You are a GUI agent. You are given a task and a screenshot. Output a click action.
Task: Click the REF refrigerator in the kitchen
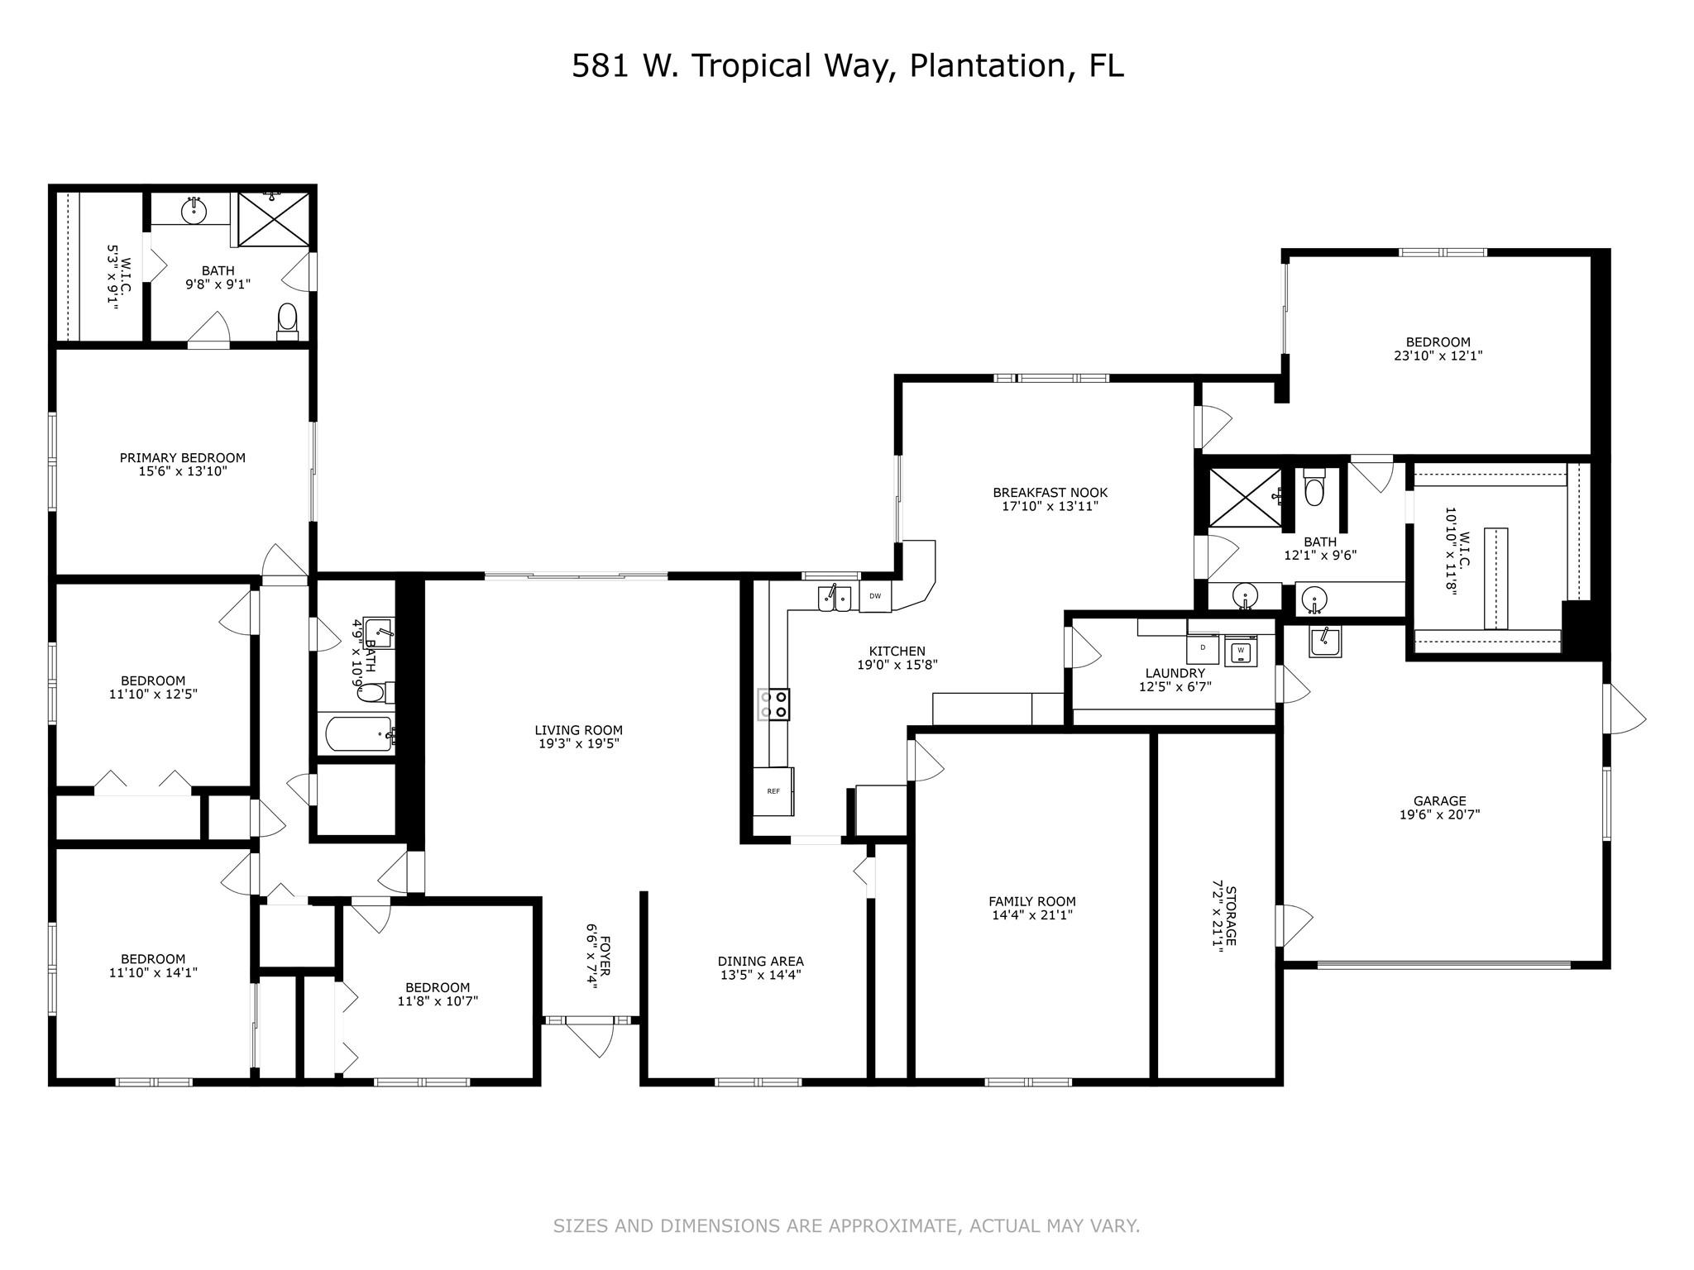pyautogui.click(x=773, y=791)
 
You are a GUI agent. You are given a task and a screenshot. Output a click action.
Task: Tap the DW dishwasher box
pyautogui.click(x=875, y=596)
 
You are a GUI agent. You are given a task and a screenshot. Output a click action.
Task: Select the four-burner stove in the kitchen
pyautogui.click(x=773, y=704)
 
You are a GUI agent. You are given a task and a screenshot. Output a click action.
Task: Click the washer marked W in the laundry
pyautogui.click(x=1240, y=651)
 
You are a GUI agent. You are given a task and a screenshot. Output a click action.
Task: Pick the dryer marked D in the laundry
pyautogui.click(x=1203, y=648)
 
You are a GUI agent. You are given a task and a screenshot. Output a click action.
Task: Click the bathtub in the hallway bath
pyautogui.click(x=360, y=733)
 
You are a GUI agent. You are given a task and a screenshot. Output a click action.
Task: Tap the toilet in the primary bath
pyautogui.click(x=287, y=322)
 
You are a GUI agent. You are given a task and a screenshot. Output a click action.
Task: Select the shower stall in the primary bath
pyautogui.click(x=274, y=219)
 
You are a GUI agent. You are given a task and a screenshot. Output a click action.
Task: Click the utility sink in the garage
pyautogui.click(x=1325, y=641)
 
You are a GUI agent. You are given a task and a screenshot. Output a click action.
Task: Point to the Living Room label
pyautogui.click(x=578, y=730)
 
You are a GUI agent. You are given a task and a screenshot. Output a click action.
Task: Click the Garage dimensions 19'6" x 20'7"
pyautogui.click(x=1439, y=814)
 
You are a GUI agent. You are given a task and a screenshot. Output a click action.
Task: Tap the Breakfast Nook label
pyautogui.click(x=1050, y=493)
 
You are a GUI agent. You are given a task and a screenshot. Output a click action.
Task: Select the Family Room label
pyautogui.click(x=1032, y=902)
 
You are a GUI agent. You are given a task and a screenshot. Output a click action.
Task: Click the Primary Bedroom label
pyautogui.click(x=183, y=458)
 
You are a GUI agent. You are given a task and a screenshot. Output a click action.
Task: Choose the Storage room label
pyautogui.click(x=1230, y=916)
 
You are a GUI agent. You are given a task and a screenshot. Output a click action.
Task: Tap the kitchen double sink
pyautogui.click(x=835, y=597)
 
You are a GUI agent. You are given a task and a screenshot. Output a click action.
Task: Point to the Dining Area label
pyautogui.click(x=760, y=962)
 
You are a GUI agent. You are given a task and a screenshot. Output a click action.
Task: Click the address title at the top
pyautogui.click(x=848, y=66)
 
